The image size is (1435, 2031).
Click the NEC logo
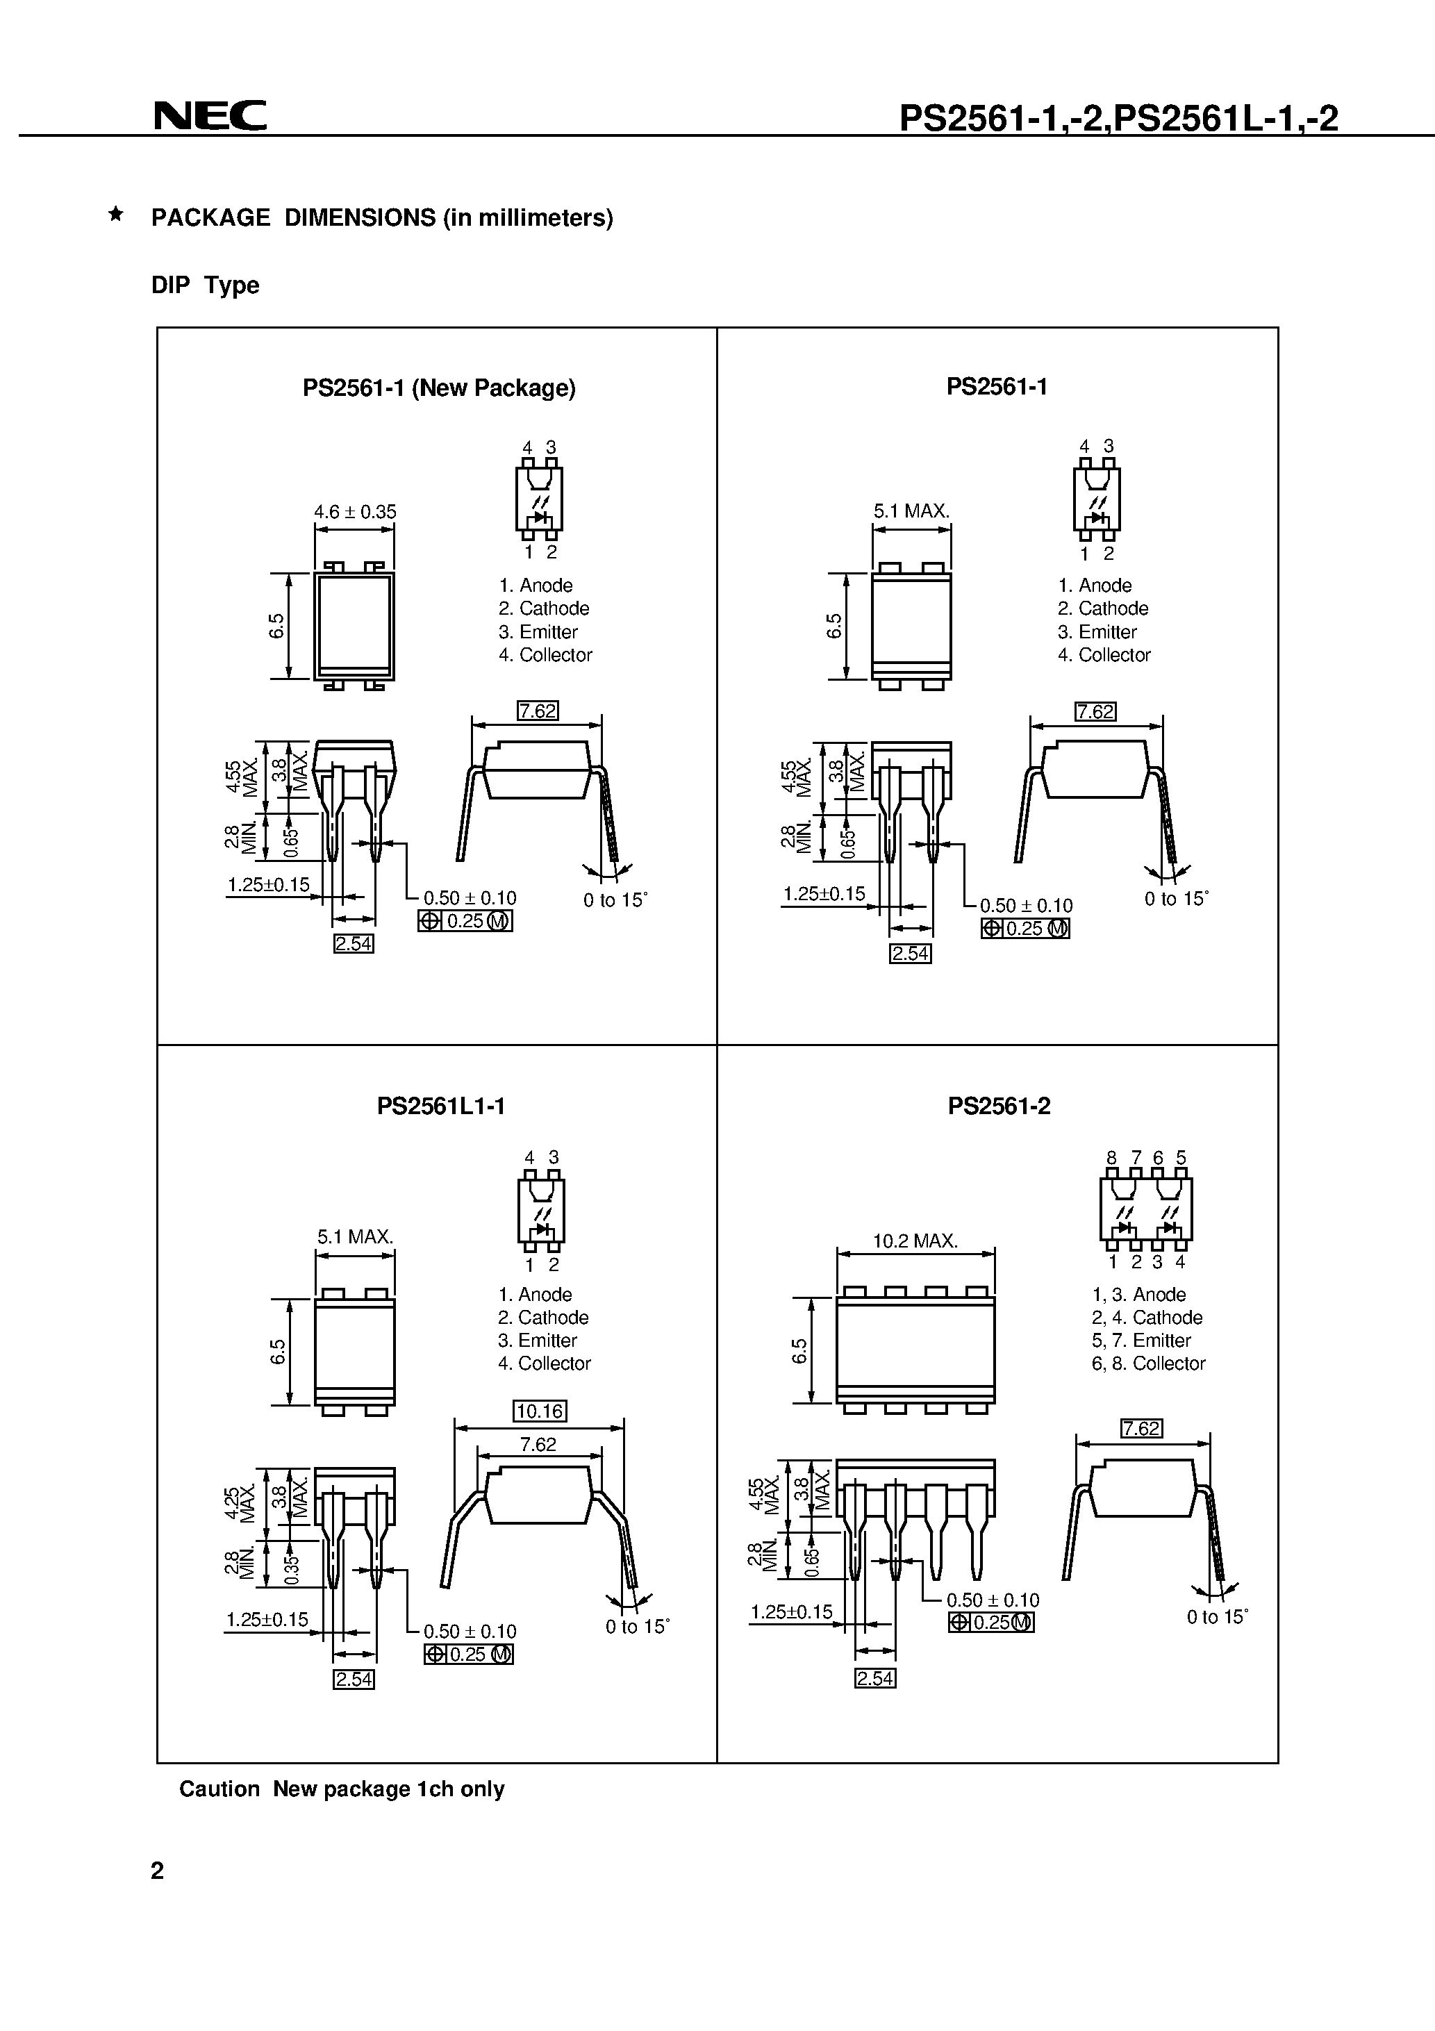[210, 115]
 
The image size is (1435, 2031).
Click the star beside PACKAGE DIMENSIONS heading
[115, 214]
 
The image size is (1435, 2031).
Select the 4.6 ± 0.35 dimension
[355, 511]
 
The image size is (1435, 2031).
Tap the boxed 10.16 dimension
[539, 1411]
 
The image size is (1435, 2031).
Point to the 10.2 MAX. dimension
[915, 1241]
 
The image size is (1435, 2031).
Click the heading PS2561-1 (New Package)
[439, 388]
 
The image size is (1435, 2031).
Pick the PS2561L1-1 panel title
[440, 1106]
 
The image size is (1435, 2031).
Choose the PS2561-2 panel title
[999, 1106]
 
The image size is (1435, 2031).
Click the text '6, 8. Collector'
[1147, 1363]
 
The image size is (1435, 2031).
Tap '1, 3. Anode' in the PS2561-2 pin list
[1138, 1294]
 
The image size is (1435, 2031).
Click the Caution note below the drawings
[342, 1789]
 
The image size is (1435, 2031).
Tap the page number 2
[158, 1870]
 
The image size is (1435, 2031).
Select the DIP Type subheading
[206, 285]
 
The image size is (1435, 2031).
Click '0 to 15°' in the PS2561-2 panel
[1216, 1617]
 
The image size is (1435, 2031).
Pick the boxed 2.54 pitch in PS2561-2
[875, 1678]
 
